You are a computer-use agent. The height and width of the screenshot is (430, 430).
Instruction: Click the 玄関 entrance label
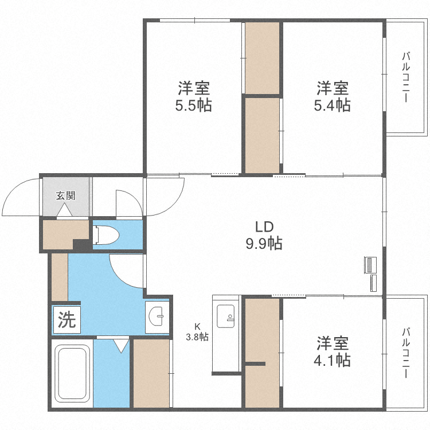point(65,195)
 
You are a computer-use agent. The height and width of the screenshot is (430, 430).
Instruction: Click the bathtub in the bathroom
point(71,373)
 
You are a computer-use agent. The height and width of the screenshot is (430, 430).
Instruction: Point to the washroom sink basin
point(157,316)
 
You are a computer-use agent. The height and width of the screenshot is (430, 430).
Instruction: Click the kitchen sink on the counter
point(225,315)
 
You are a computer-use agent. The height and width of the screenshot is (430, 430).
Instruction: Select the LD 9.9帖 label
point(264,234)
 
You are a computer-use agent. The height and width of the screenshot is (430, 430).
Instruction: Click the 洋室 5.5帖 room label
point(193,97)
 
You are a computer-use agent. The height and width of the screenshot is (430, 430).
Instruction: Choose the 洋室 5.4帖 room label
point(332,97)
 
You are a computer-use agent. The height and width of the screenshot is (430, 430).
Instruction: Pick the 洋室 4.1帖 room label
point(333,351)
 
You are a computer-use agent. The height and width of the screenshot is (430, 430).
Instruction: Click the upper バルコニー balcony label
point(405,77)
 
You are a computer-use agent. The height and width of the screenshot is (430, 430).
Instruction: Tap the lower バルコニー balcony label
point(405,353)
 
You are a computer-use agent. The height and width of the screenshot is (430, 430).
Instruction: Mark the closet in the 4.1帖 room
point(262,353)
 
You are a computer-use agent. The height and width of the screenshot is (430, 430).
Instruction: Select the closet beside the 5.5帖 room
point(262,57)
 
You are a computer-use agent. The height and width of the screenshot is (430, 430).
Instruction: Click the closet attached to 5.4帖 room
point(262,135)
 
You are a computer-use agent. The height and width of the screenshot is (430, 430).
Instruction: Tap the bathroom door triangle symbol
point(121,346)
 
